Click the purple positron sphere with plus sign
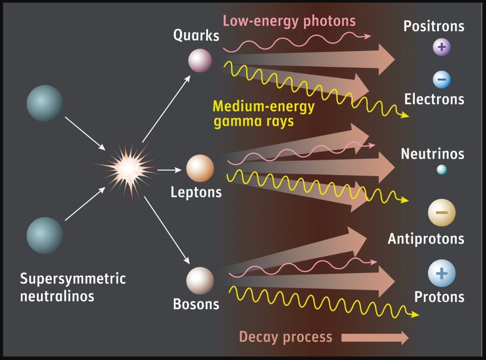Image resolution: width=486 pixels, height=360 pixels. point(441,47)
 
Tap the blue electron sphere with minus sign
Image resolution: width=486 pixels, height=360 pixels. point(441,80)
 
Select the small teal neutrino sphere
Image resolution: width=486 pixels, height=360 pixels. point(441,170)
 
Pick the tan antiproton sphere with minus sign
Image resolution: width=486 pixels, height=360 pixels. point(441,212)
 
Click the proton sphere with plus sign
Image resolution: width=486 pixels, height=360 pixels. point(441,274)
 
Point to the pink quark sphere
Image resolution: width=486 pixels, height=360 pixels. point(200,61)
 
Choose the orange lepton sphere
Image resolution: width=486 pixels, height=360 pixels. point(200,168)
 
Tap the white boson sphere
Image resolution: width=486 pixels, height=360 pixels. point(200,280)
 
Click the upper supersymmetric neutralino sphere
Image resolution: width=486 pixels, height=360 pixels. point(45,103)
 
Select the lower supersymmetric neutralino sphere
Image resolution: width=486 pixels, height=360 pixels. point(45,236)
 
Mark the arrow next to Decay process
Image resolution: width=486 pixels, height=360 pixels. point(374,338)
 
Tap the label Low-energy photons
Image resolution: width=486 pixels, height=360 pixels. point(289,21)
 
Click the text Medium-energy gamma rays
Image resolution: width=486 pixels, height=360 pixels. point(264,114)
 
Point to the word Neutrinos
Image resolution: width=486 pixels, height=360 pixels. point(432,154)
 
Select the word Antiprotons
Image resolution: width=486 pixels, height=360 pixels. point(426,239)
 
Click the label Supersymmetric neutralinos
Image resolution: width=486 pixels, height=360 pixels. point(73,287)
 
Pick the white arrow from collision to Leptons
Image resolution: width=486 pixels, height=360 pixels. point(168,170)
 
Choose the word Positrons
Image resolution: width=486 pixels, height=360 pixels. point(434,26)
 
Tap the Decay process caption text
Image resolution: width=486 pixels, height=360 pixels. point(285,337)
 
